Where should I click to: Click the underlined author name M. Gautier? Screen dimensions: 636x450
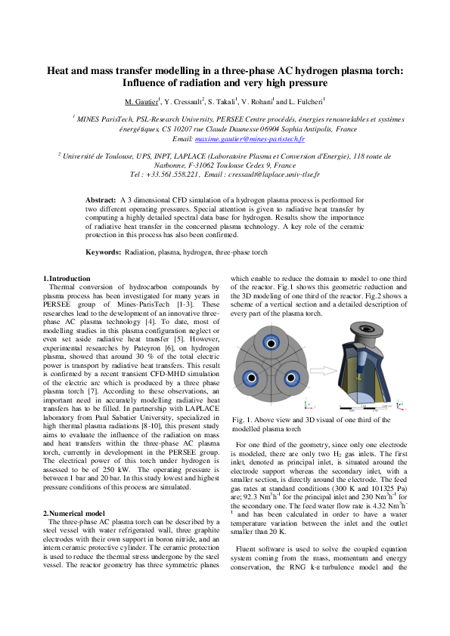point(141,101)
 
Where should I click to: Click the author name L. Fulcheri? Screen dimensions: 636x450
point(306,101)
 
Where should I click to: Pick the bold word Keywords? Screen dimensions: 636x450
point(103,251)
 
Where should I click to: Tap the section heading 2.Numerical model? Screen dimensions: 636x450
point(73,492)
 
